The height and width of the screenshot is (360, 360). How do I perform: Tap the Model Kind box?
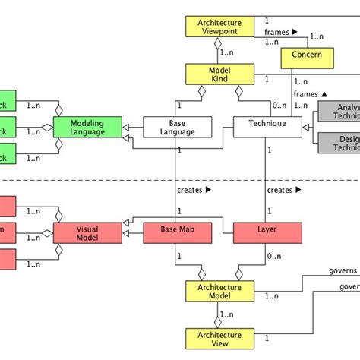pos(219,74)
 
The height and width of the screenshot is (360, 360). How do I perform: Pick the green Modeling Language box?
pos(87,127)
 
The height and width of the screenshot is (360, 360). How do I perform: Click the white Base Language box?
pos(178,127)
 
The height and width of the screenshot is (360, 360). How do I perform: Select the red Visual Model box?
pos(87,233)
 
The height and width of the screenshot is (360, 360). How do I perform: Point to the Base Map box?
pos(178,233)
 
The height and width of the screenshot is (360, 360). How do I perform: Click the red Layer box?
pos(267,233)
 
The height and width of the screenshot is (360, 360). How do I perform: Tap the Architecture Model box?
pos(219,292)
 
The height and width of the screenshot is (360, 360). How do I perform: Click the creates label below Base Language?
pos(193,190)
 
